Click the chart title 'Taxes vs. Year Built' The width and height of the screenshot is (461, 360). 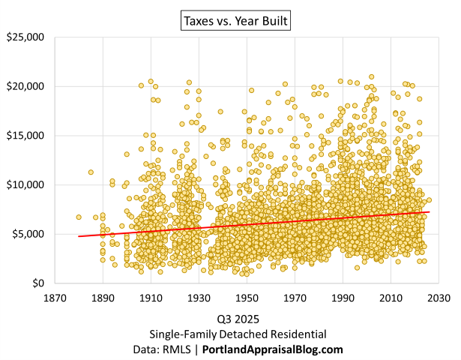tap(235, 21)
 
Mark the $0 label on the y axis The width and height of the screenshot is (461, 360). tap(39, 283)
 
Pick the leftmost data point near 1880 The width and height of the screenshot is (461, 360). tap(79, 217)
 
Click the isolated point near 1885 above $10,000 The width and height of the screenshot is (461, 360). tap(91, 172)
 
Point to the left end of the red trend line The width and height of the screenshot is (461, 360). tap(79, 236)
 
